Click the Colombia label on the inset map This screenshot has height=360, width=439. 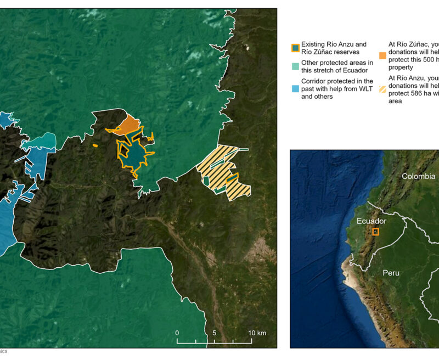tap(418, 176)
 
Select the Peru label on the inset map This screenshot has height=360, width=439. tap(391, 273)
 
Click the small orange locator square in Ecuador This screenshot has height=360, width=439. tap(375, 232)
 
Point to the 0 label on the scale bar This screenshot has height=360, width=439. tap(177, 333)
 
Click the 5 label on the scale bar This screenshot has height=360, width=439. tap(215, 333)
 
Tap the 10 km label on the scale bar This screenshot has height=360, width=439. tap(257, 333)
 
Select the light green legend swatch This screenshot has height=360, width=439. tap(295, 66)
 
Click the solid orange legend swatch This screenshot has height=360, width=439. tap(382, 55)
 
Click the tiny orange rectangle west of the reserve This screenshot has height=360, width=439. tap(95, 145)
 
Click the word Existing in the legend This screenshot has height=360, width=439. tap(313, 44)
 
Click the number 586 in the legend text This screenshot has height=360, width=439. tap(413, 93)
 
